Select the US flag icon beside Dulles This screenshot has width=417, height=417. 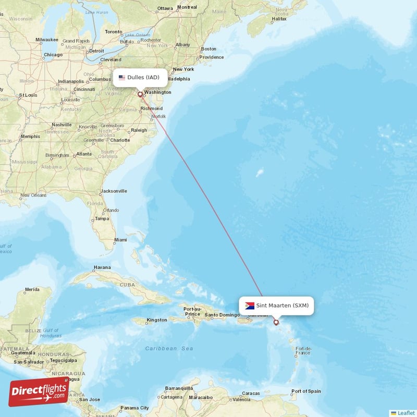122,78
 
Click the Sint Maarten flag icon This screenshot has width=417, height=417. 250,305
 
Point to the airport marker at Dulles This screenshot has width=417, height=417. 140,94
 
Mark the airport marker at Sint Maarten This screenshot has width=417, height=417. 276,322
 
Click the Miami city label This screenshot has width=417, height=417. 120,240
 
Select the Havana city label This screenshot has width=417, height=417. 102,267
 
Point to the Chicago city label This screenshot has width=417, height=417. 53,55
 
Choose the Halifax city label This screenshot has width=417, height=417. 279,19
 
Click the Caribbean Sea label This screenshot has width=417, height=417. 169,348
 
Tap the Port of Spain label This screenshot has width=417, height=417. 306,391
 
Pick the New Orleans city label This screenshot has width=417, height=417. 33,196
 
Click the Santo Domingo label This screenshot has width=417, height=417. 222,315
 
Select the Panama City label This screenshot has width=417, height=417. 135,408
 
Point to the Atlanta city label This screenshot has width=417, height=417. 83,154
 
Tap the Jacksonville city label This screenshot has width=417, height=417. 114,191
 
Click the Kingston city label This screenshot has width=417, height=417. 157,320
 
